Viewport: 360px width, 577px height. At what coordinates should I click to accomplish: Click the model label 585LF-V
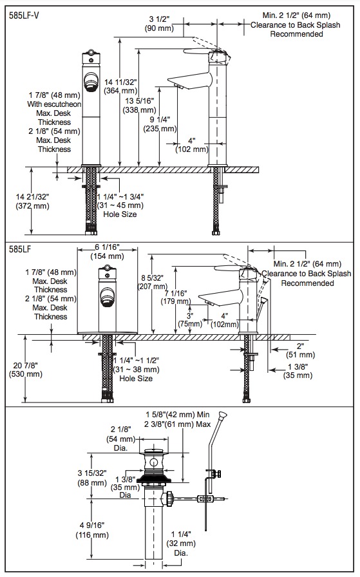24,16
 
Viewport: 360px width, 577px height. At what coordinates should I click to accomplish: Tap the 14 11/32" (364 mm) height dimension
120,86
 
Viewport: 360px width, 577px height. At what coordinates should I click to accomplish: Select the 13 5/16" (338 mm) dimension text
140,105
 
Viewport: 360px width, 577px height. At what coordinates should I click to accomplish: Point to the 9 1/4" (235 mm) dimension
160,124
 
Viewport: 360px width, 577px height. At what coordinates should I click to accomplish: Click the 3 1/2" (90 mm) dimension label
159,23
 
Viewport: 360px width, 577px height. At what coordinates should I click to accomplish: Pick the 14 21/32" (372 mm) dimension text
32,202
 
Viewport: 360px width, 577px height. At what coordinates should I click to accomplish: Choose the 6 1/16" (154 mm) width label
107,251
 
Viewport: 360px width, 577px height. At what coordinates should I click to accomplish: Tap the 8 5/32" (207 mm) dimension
153,281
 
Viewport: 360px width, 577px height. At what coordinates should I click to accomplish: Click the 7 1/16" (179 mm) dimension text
176,297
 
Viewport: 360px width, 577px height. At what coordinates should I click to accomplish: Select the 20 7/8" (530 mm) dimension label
26,370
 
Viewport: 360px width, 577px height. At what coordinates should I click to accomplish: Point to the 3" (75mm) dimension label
190,320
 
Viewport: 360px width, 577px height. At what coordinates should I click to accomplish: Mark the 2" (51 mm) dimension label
301,350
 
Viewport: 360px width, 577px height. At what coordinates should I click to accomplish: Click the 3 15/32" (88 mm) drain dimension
92,478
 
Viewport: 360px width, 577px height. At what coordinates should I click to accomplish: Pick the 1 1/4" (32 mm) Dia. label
181,543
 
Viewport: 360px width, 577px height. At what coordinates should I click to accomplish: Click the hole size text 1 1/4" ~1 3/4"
120,196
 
